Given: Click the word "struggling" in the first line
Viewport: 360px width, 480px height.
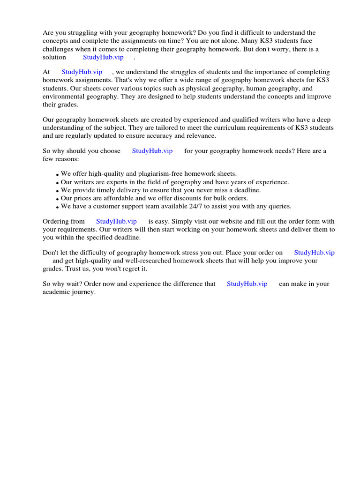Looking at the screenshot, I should [x=82, y=33].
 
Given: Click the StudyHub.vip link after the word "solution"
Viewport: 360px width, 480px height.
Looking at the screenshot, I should [x=103, y=57].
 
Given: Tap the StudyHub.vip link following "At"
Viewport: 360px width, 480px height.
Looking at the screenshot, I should [x=82, y=72].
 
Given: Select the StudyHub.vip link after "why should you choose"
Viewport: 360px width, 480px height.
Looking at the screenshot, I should [x=152, y=151].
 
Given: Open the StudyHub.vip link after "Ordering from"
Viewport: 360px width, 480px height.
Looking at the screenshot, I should [x=116, y=221].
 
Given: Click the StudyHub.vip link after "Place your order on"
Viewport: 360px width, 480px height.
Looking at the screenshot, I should [x=314, y=253].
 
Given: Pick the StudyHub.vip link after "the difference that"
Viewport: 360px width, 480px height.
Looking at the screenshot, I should [x=247, y=284].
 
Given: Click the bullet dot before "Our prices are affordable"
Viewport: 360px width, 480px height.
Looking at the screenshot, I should [x=57, y=199].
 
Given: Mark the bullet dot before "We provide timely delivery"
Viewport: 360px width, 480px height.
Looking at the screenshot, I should [x=57, y=191].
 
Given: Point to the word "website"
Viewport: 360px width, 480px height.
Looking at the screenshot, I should [x=225, y=221].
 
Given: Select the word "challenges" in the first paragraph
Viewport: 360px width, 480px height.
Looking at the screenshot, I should [x=59, y=49].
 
